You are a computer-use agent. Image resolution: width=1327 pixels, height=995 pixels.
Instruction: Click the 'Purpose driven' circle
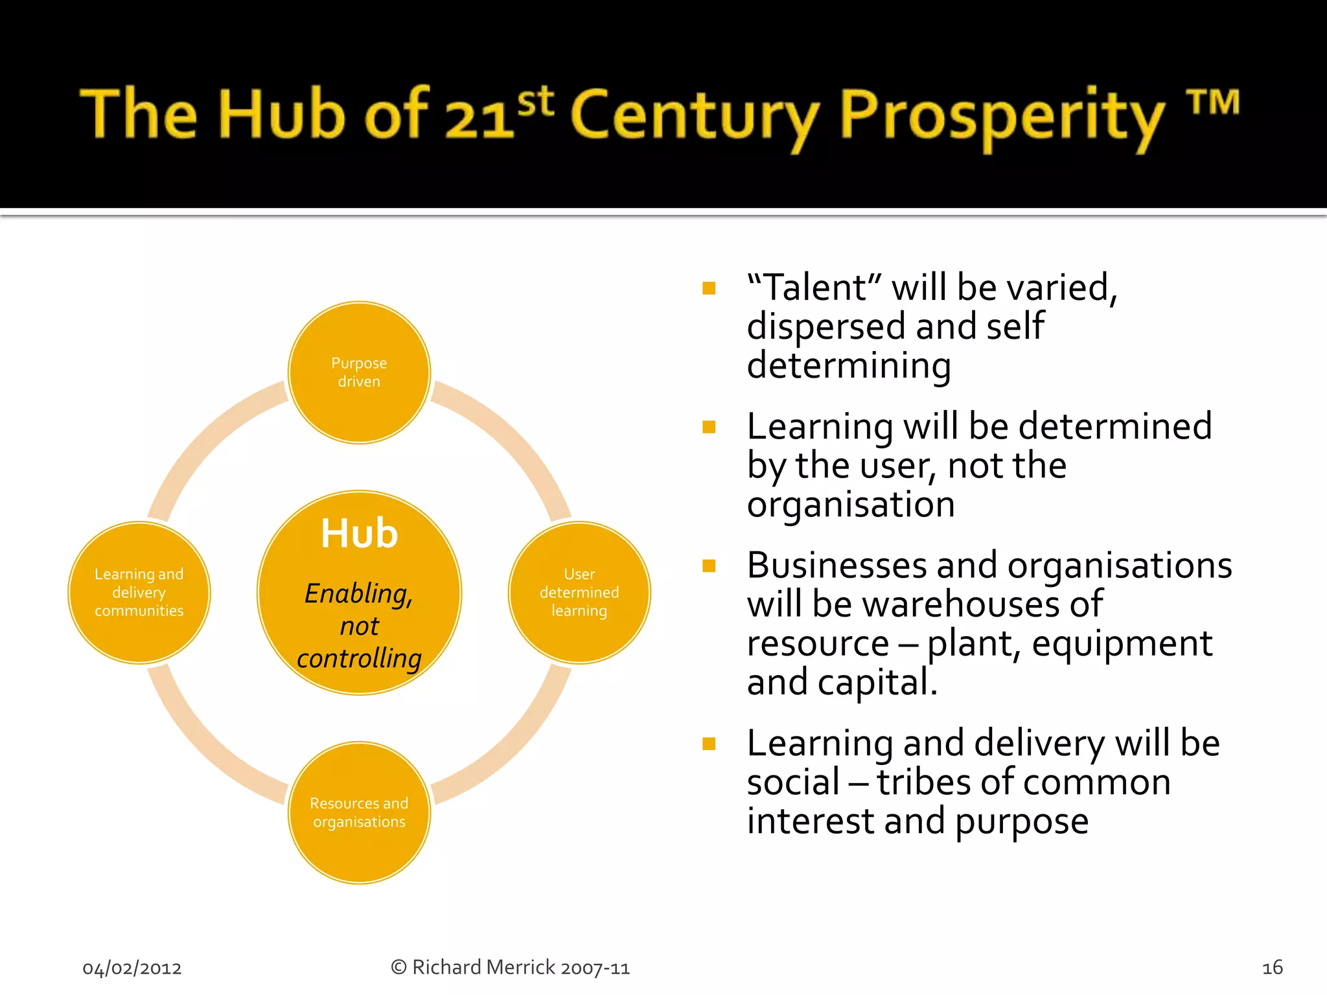point(359,372)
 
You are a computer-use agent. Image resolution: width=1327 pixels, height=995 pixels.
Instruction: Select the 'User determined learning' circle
point(579,592)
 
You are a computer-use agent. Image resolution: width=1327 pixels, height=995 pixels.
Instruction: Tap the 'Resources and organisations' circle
point(359,812)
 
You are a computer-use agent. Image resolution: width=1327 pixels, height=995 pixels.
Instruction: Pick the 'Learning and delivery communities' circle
point(139,592)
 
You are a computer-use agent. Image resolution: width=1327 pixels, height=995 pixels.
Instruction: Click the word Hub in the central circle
point(359,534)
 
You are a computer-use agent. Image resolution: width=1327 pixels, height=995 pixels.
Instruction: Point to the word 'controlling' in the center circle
point(359,658)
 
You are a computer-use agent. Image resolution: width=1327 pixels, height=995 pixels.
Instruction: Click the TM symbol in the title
point(1212,104)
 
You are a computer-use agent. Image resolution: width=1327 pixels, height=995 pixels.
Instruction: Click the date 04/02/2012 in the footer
point(132,968)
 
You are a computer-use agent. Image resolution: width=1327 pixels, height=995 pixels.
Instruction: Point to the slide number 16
point(1272,967)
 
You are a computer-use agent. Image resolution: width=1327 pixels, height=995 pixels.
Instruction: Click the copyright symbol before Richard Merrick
point(398,967)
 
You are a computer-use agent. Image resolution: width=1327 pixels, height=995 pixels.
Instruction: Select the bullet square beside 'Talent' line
point(709,288)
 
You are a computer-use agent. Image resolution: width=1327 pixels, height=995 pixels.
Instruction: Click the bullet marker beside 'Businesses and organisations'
point(709,566)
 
